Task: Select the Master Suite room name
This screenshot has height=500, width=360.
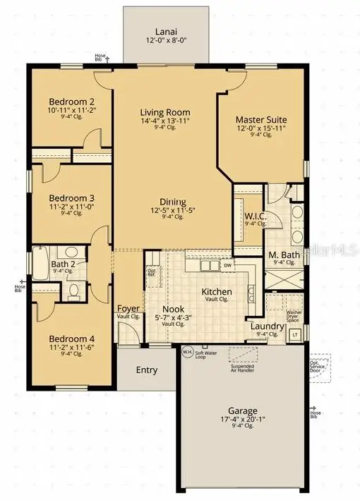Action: pyautogui.click(x=261, y=119)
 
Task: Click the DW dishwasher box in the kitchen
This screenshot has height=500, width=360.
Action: pyautogui.click(x=227, y=266)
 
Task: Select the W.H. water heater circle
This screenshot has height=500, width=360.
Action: pyautogui.click(x=187, y=351)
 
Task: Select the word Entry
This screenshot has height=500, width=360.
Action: pyautogui.click(x=146, y=370)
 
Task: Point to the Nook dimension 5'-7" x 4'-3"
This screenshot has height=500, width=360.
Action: pyautogui.click(x=174, y=318)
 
